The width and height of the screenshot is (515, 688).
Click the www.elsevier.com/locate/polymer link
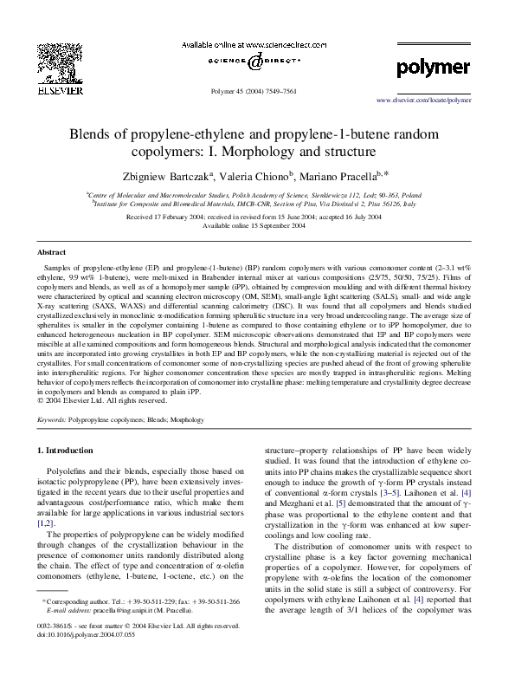point(423,101)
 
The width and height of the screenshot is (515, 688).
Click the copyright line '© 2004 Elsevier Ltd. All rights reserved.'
point(107,400)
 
